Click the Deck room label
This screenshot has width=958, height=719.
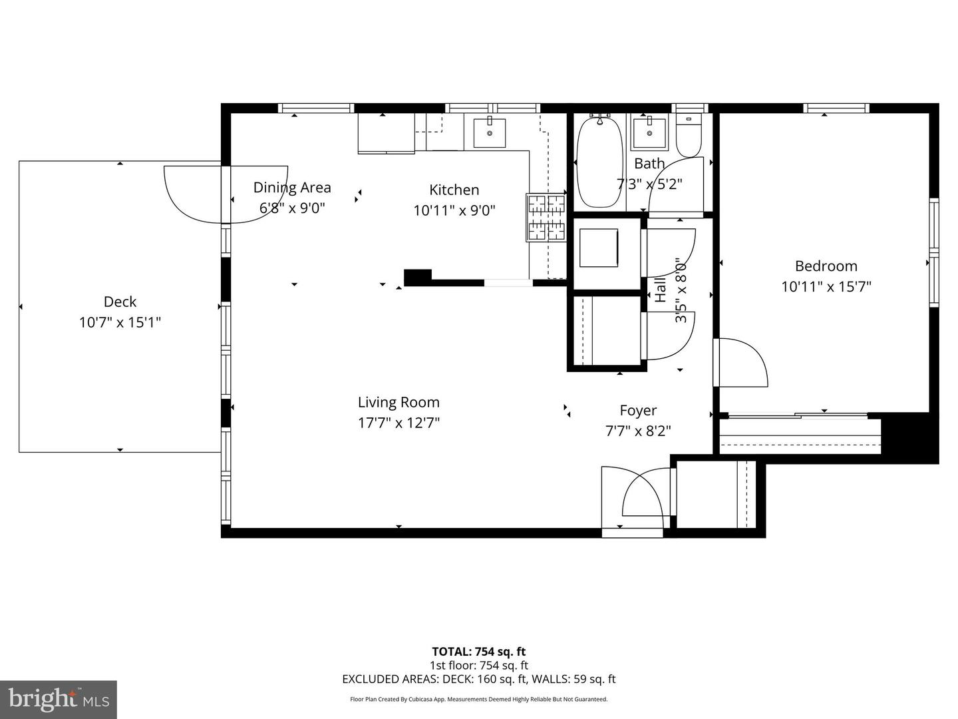coord(120,302)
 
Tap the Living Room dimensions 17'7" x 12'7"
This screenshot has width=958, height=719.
coord(399,423)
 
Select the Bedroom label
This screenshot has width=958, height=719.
coord(826,266)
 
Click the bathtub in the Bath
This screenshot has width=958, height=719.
coord(599,162)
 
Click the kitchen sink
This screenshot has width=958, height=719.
coord(489,133)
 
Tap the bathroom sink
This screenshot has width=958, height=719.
coord(649,134)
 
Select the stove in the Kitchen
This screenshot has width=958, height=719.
coord(546,216)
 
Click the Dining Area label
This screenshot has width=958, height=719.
coord(292,188)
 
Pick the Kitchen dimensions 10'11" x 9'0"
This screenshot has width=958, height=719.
coord(454,210)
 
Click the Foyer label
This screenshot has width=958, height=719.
coord(638,410)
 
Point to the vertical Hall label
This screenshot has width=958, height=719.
coord(661,291)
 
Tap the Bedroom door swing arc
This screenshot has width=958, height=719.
coord(743,363)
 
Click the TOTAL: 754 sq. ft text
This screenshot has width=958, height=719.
coord(478,652)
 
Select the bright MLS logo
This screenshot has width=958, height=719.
coord(59,699)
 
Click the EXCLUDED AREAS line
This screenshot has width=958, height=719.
coord(478,679)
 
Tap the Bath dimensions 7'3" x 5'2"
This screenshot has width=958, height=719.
coord(649,184)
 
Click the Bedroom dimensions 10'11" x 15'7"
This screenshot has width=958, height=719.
coord(826,287)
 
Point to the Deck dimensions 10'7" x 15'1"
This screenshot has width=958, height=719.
coord(120,322)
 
